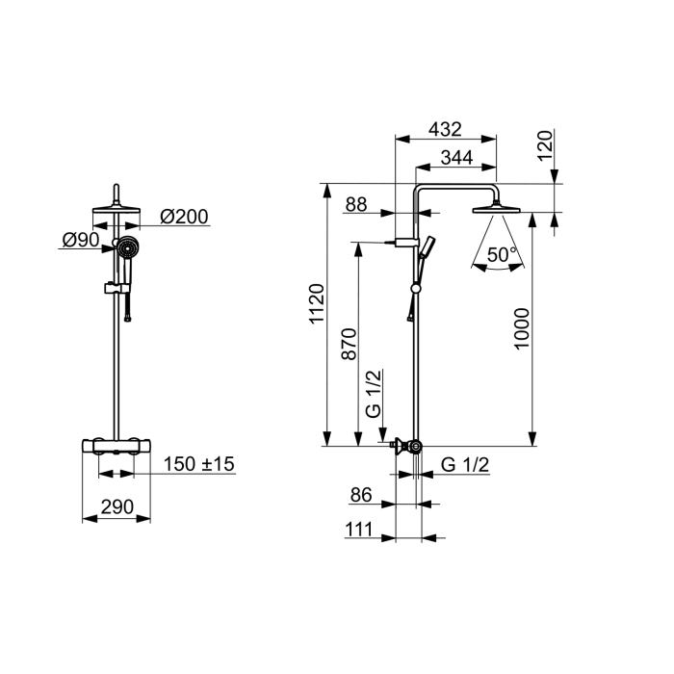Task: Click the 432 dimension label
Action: click(445, 129)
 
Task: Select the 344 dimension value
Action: click(456, 158)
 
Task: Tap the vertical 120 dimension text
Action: click(545, 145)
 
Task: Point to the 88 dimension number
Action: click(356, 204)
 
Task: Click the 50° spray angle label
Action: click(501, 254)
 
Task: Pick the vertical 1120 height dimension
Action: click(317, 303)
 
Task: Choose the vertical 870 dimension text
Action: click(349, 344)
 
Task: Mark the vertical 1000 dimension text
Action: click(522, 329)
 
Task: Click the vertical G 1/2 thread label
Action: click(374, 393)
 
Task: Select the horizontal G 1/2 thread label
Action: click(465, 465)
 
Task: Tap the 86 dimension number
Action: click(361, 495)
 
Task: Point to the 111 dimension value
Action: click(359, 530)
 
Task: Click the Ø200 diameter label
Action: click(184, 217)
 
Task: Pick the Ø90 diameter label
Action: click(81, 240)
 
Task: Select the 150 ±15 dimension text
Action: click(199, 464)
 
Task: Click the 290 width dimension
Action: click(117, 507)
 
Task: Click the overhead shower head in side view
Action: click(497, 209)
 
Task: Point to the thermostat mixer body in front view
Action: click(117, 446)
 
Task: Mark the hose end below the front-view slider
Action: click(128, 319)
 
